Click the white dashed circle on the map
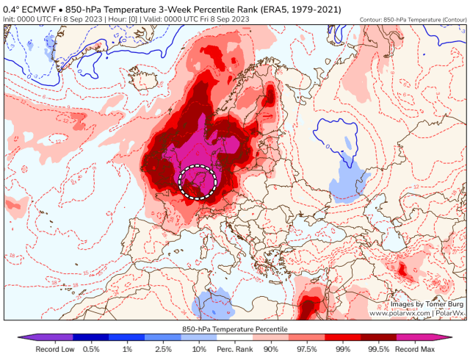click(x=198, y=181)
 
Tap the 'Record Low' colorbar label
click(x=52, y=350)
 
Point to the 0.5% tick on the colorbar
click(x=92, y=350)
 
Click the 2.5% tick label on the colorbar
click(x=163, y=350)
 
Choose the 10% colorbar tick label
click(x=199, y=350)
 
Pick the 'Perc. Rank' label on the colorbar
click(x=235, y=350)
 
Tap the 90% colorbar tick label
click(x=271, y=350)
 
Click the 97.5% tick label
click(x=307, y=350)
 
